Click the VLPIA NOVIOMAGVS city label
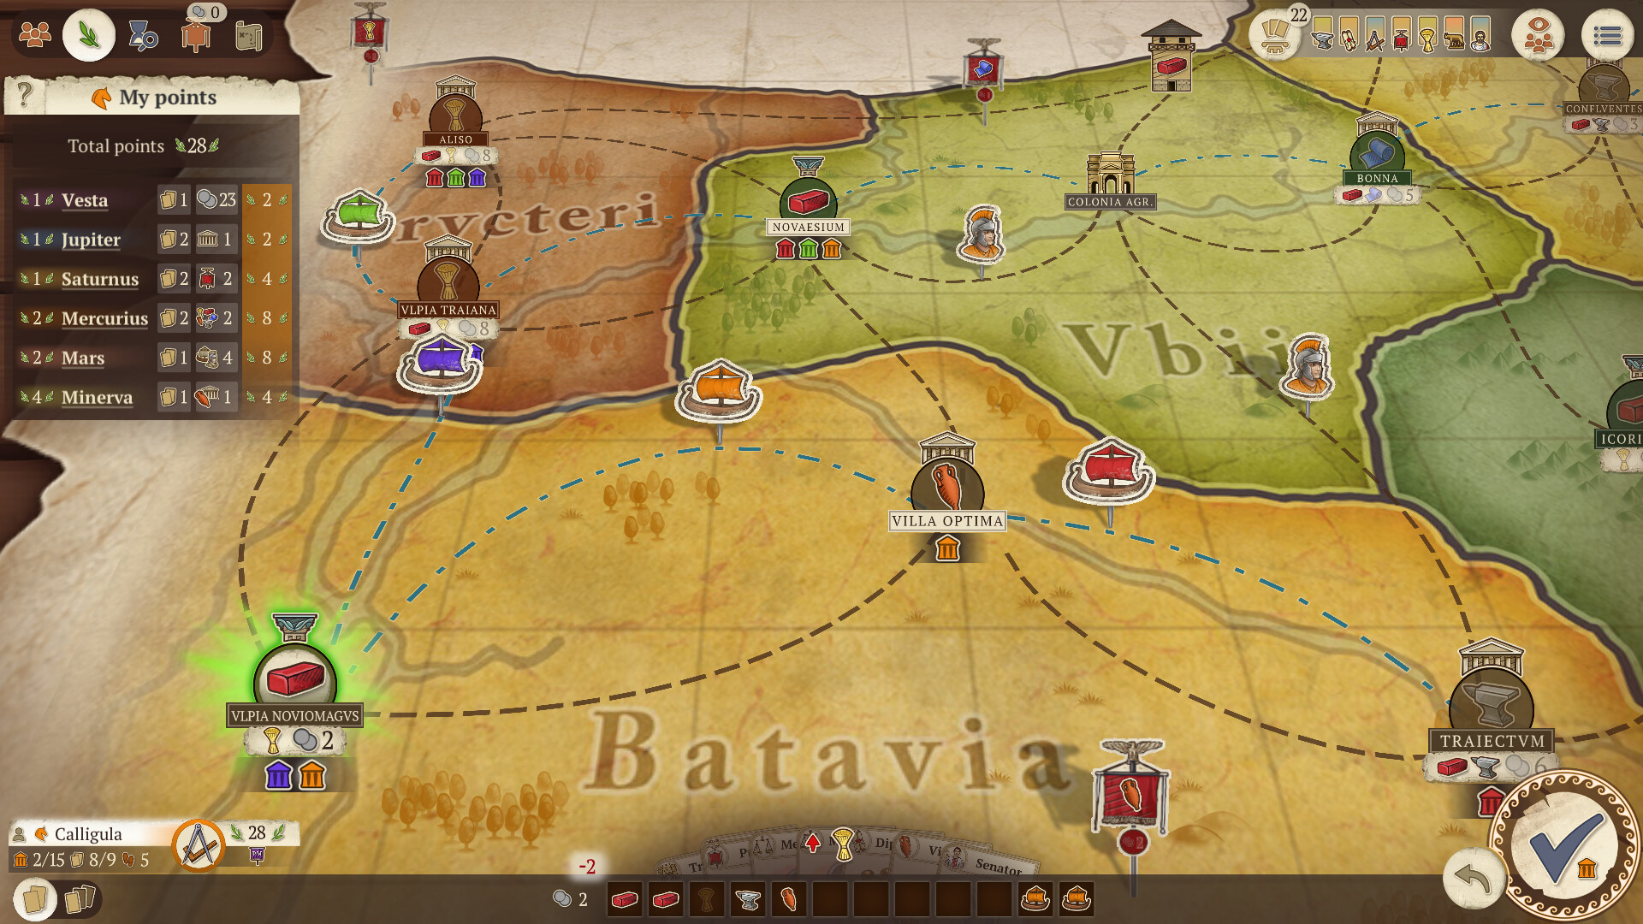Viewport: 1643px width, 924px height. [294, 716]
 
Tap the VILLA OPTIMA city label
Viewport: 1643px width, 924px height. [947, 521]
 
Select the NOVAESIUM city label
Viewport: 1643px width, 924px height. [808, 228]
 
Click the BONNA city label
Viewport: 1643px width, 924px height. [1377, 179]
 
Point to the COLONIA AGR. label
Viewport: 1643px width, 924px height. [1110, 203]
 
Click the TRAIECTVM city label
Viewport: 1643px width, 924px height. [1492, 742]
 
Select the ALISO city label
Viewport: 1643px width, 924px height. [455, 139]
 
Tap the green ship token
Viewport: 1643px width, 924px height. [358, 215]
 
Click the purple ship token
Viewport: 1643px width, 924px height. [440, 363]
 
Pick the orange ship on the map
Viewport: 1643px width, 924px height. [719, 391]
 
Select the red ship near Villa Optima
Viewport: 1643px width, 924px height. [1109, 471]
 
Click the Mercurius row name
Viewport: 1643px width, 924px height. [104, 318]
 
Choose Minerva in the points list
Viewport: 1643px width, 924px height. [97, 397]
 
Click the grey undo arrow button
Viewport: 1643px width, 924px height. [1472, 878]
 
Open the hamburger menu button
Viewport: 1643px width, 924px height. [1607, 36]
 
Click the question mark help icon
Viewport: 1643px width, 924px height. [25, 94]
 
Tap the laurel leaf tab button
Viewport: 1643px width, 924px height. [88, 35]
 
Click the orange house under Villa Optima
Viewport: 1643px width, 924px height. [947, 548]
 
